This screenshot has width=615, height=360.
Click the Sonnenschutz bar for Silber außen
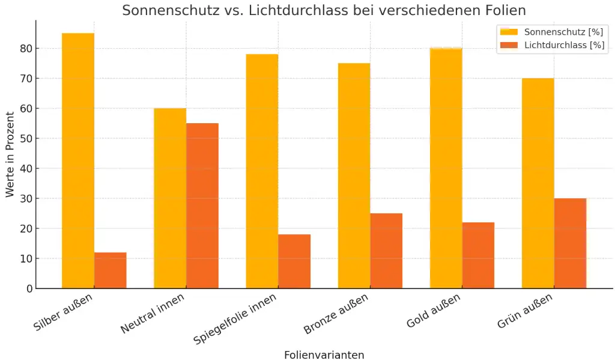click(78, 161)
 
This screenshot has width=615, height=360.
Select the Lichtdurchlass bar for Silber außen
click(111, 270)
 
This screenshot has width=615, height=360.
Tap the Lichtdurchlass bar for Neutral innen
click(202, 206)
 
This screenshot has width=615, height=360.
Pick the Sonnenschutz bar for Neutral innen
click(170, 198)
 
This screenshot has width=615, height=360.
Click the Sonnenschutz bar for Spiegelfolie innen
click(262, 171)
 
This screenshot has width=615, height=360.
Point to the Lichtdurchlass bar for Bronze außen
click(386, 251)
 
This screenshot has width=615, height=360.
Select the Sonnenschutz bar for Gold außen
click(446, 168)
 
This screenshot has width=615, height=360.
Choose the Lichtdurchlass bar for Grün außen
click(570, 243)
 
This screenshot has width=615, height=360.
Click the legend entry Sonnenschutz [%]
click(563, 32)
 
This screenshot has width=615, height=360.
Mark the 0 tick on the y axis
click(28, 288)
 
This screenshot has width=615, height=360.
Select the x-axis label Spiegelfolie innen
click(236, 319)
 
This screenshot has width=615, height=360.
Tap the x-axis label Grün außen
click(526, 311)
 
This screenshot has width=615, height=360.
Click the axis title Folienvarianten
click(324, 355)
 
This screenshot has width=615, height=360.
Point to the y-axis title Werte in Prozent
click(10, 154)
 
